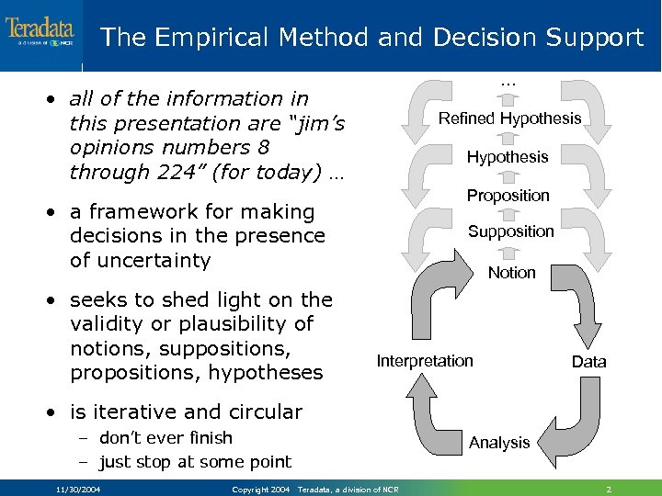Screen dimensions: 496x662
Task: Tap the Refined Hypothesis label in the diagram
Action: (509, 118)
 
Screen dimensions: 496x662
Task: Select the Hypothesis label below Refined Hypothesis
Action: (507, 157)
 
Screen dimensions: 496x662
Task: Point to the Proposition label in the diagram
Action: (508, 196)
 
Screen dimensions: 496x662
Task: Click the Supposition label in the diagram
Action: (510, 231)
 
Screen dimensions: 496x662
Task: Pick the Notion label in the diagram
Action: (511, 273)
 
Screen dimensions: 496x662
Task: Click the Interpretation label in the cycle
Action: (425, 361)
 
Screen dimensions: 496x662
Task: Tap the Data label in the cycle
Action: (588, 362)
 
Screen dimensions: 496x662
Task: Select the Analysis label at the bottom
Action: (499, 443)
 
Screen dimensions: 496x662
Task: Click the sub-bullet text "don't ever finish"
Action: (165, 438)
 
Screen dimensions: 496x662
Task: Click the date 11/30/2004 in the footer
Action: (78, 490)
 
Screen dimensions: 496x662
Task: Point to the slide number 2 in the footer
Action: (609, 489)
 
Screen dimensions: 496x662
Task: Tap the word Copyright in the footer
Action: (251, 490)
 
